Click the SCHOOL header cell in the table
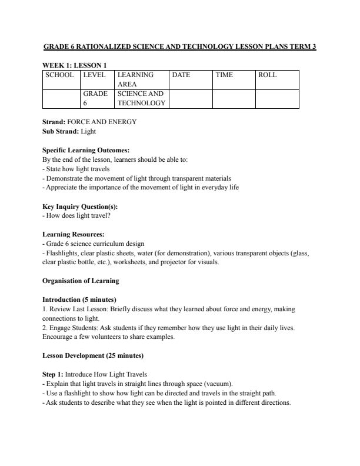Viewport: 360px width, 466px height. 59,75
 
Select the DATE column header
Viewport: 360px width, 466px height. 181,75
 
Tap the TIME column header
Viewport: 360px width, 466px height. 224,75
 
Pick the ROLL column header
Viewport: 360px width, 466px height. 268,75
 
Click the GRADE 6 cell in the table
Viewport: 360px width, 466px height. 95,98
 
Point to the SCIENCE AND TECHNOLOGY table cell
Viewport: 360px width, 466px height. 141,98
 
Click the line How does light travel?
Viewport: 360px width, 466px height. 77,216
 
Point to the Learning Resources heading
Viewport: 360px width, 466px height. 74,235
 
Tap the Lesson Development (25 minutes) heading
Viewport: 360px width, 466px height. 93,355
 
